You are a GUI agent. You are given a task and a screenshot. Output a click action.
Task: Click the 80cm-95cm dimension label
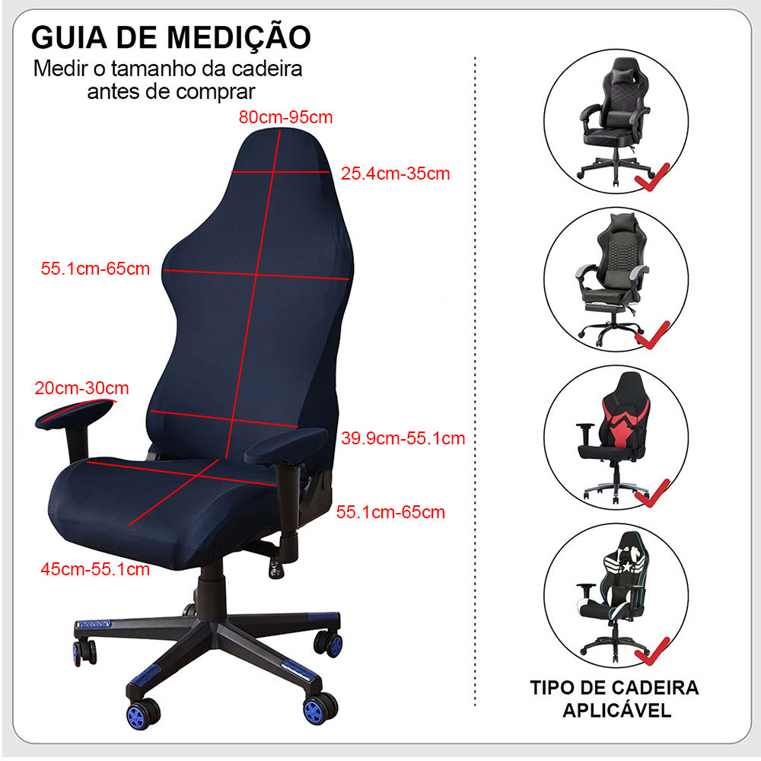(285, 117)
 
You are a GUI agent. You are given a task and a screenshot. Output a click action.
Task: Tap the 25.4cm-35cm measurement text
(395, 174)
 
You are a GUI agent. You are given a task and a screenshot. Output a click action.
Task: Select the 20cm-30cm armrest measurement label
(81, 388)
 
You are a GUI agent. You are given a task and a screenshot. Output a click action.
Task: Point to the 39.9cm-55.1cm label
(403, 438)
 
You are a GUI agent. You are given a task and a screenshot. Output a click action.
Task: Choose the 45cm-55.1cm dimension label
(95, 568)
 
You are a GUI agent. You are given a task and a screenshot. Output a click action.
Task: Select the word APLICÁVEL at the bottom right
(617, 710)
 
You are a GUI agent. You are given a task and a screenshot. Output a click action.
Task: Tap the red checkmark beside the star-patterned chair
(653, 651)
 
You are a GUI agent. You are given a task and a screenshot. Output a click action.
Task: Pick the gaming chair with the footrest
(613, 279)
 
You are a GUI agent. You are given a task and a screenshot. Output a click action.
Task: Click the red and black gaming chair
(613, 437)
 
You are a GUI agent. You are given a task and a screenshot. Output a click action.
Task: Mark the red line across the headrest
(281, 172)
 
